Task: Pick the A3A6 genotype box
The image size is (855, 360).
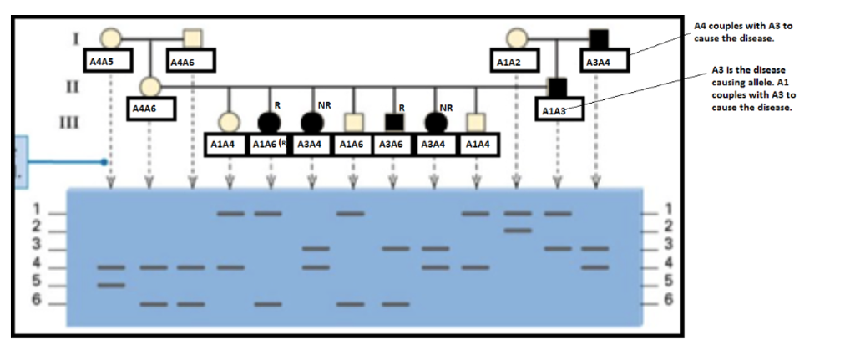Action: pos(392,145)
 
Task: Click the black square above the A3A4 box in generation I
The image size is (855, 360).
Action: pos(598,38)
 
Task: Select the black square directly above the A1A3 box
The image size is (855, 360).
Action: pos(558,86)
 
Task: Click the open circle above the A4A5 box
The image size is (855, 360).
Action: pos(109,38)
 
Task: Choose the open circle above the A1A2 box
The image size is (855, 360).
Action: pos(516,38)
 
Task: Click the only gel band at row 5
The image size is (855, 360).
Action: pos(110,286)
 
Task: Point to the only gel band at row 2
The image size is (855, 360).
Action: pos(518,230)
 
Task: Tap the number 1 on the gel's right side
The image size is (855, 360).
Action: pos(665,209)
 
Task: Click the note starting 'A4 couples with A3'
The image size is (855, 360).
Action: pos(742,33)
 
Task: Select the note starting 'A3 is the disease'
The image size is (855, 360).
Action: pos(748,89)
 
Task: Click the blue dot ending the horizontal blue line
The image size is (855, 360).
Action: pos(104,161)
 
